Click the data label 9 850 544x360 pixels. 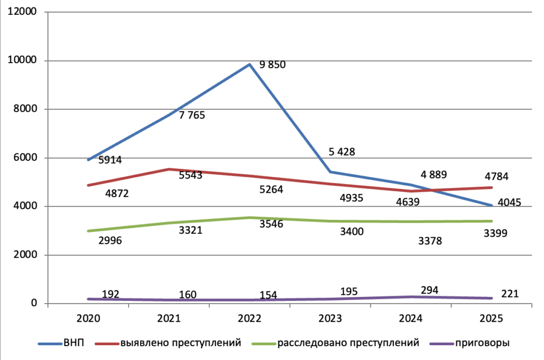click(273, 65)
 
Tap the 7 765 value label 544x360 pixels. click(192, 115)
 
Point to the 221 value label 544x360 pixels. click(509, 294)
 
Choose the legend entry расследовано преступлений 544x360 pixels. click(348, 343)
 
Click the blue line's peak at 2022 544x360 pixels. click(249, 65)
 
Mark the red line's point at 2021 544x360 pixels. click(168, 169)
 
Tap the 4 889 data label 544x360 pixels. click(433, 174)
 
